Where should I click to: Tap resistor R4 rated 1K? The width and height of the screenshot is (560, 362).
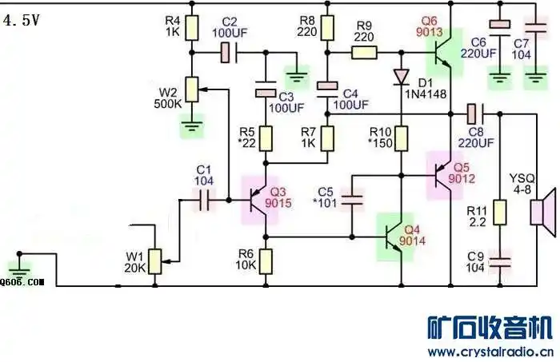tap(191, 29)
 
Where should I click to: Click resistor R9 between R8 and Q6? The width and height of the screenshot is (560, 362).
tap(364, 54)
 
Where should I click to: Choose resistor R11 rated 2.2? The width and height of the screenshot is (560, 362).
tap(499, 213)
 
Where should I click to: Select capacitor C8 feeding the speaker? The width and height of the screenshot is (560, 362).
tap(472, 113)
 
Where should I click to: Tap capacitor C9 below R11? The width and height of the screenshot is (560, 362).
tap(499, 261)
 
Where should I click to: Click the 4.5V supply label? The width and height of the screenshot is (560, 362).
tap(22, 22)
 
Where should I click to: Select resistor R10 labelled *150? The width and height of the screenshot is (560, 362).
tap(401, 139)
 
